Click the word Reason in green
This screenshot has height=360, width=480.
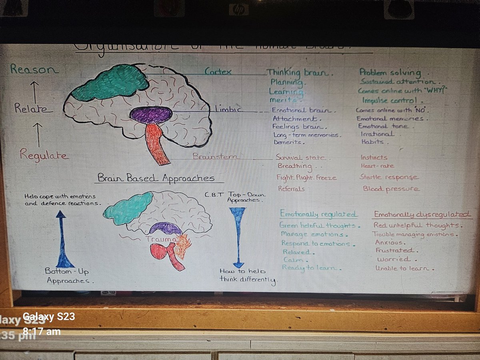[x=34, y=69]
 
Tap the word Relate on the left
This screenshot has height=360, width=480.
[x=33, y=108]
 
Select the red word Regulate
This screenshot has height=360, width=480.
[x=44, y=155]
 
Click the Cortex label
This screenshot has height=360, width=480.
[x=218, y=72]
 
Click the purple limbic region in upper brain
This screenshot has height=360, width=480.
[x=151, y=115]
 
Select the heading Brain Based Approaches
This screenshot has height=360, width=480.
[x=156, y=178]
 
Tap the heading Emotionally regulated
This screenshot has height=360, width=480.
[x=319, y=214]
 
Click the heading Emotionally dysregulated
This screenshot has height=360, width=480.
[x=422, y=215]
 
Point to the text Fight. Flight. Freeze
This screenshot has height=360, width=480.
[x=306, y=177]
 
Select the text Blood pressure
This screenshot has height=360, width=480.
[x=391, y=188]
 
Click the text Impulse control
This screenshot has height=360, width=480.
[x=392, y=100]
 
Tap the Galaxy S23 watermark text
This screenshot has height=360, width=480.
[x=48, y=317]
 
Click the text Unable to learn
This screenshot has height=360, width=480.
[x=404, y=268]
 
